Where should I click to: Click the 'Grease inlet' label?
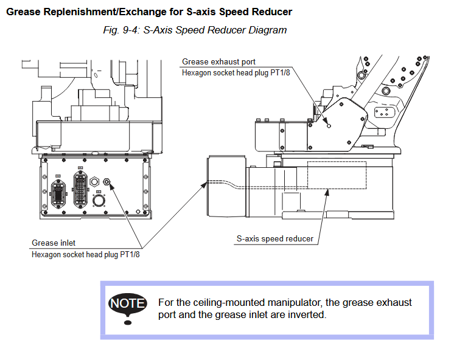[x=54, y=243]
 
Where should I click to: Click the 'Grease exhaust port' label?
[x=218, y=61]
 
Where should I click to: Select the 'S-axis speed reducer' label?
[x=275, y=238]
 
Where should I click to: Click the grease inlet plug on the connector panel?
[x=108, y=181]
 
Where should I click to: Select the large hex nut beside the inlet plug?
[x=94, y=181]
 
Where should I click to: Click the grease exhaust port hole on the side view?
[x=329, y=126]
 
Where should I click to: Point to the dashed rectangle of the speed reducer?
[x=336, y=175]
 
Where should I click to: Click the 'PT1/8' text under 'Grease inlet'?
[x=130, y=255]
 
